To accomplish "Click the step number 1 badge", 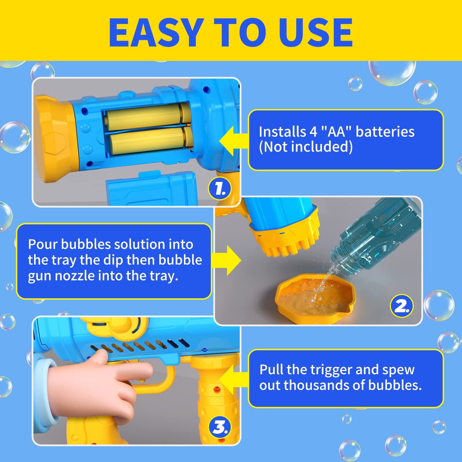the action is click(x=220, y=189).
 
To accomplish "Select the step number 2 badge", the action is click(x=401, y=305).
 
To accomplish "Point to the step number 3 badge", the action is click(x=220, y=427).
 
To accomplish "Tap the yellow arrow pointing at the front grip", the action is click(x=234, y=379).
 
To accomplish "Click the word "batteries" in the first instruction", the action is click(x=385, y=132).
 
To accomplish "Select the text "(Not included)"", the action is click(x=306, y=147).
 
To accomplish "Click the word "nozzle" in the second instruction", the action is click(x=75, y=276).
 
